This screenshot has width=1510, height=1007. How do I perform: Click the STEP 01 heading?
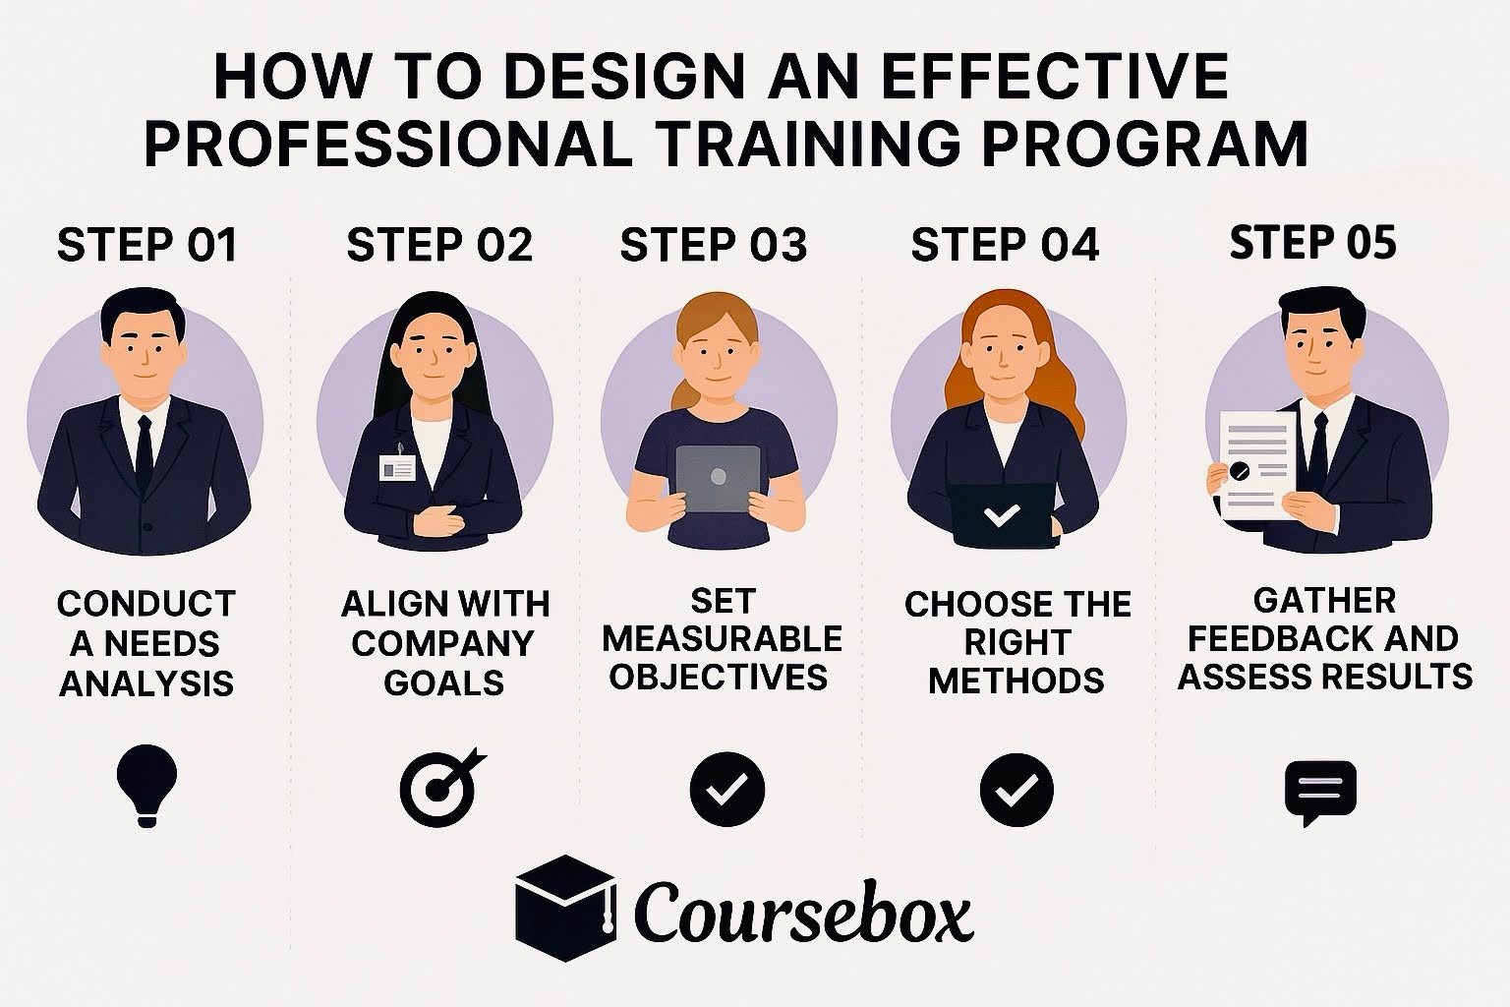tap(147, 245)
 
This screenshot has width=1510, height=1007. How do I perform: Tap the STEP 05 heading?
tap(1312, 242)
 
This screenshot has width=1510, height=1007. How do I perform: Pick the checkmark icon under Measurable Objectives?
tap(726, 790)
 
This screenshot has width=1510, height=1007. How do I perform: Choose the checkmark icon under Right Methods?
tap(1016, 790)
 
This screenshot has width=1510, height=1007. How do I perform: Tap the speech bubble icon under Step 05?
tap(1320, 791)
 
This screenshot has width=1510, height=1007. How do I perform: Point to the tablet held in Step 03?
tap(719, 481)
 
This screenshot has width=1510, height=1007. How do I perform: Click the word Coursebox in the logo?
tap(803, 909)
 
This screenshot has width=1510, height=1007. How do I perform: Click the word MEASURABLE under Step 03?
tap(723, 639)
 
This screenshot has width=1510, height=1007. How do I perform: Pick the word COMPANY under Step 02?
tap(442, 643)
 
